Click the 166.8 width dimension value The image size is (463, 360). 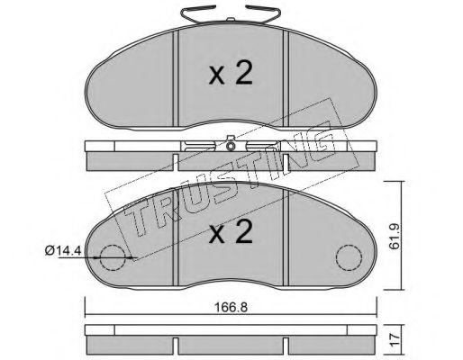(x=231, y=308)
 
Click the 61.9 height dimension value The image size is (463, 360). (x=395, y=236)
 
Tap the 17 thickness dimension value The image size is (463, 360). (x=395, y=339)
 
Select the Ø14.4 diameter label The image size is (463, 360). (x=63, y=250)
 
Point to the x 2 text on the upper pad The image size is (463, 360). (x=231, y=75)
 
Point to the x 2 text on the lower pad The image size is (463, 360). (x=231, y=233)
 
